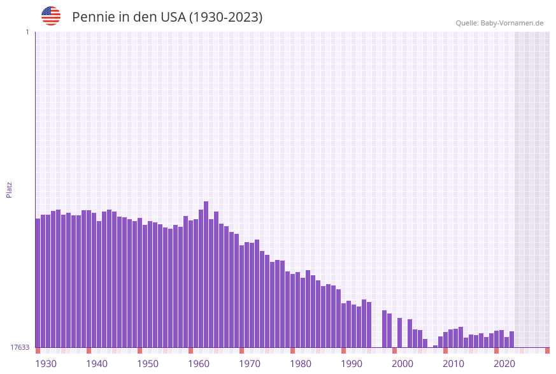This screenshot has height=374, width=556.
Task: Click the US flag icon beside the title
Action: tap(51, 16)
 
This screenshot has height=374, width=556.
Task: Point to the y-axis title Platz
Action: tap(10, 189)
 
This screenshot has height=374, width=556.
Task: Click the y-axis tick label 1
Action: tap(27, 32)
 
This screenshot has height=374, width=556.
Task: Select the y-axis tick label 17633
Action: tap(20, 347)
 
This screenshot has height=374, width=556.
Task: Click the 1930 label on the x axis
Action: tap(46, 363)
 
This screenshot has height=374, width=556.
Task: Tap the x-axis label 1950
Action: tap(148, 363)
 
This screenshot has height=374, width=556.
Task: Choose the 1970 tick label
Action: tap(250, 363)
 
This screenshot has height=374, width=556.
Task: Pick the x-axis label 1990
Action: tap(352, 363)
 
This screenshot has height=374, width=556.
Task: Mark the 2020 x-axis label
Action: tap(504, 363)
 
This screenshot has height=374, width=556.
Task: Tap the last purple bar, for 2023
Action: tap(512, 340)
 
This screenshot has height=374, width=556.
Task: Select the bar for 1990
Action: tap(344, 325)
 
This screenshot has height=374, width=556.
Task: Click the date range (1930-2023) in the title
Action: tap(226, 17)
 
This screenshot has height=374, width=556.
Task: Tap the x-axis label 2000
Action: tap(403, 363)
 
